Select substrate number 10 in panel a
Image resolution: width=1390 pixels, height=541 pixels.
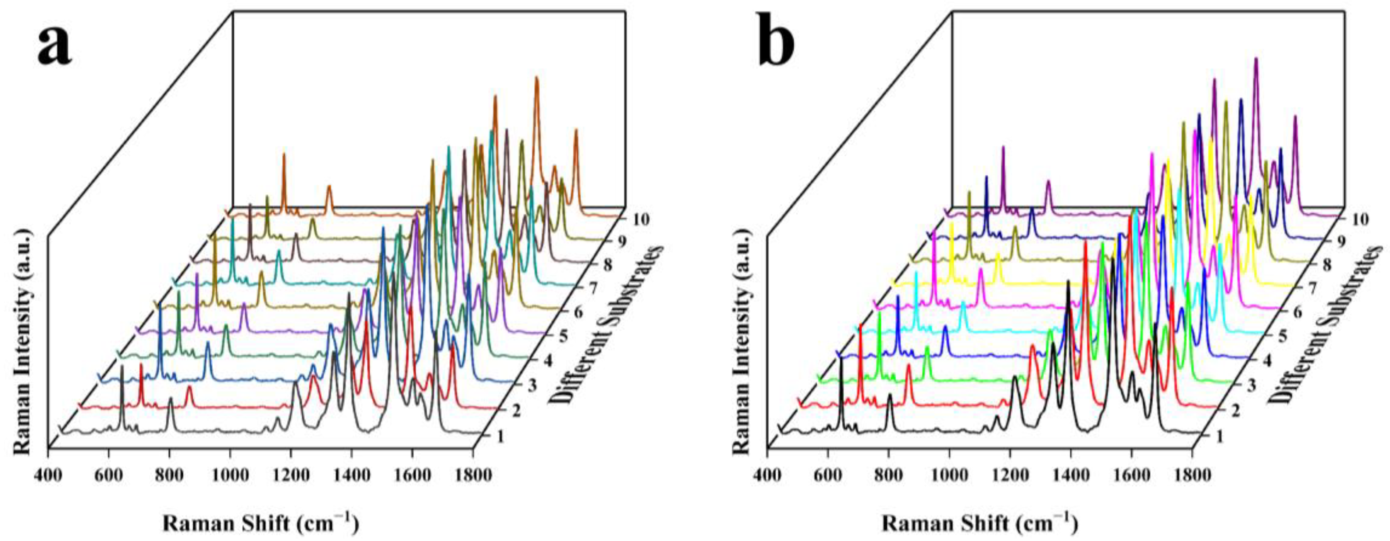(639, 220)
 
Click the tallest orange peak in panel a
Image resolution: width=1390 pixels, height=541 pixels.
(536, 79)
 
